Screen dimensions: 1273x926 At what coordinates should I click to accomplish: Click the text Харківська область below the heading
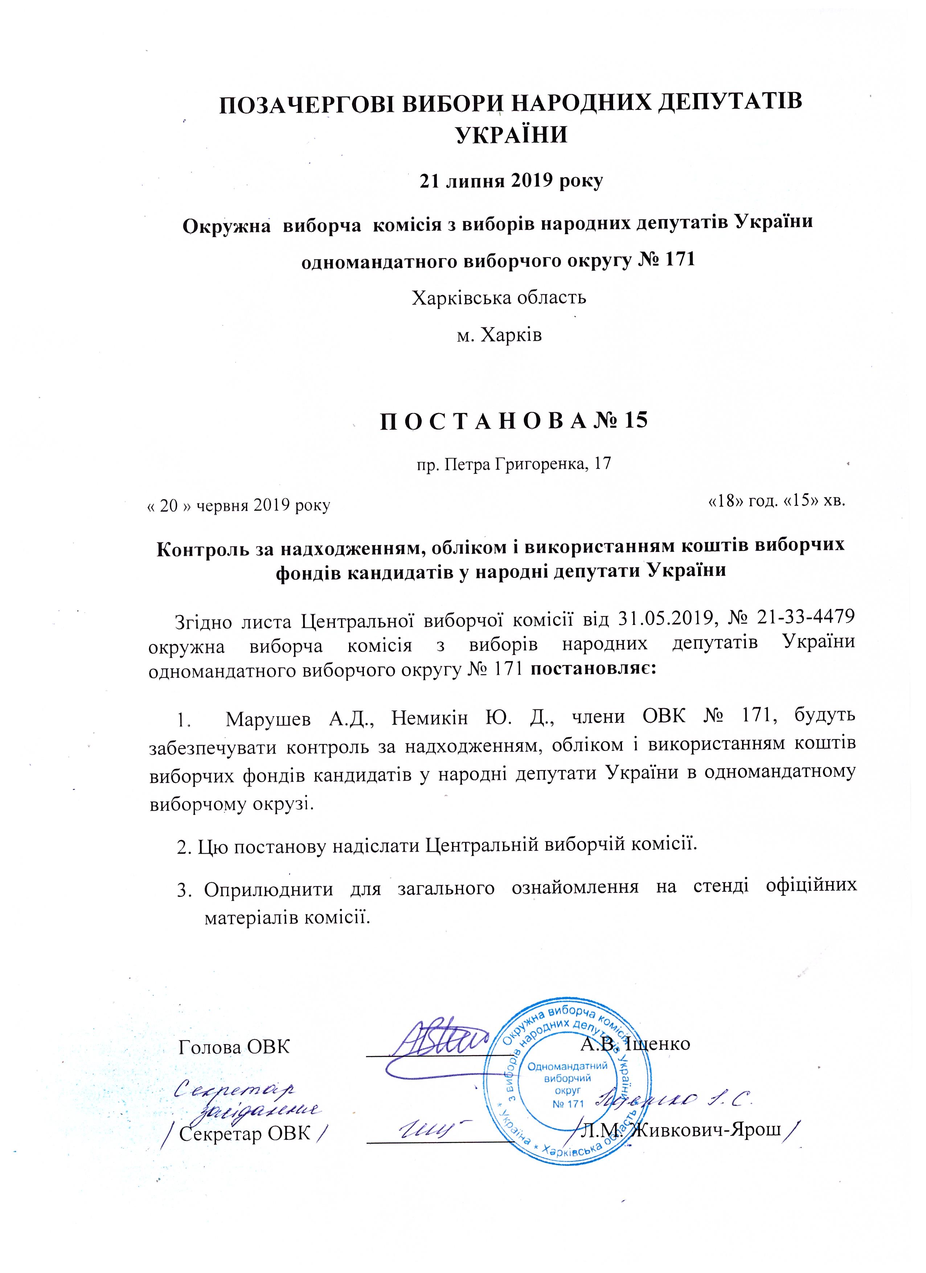pyautogui.click(x=499, y=297)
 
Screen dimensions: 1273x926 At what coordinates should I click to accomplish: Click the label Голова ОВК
pyautogui.click(x=234, y=1046)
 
